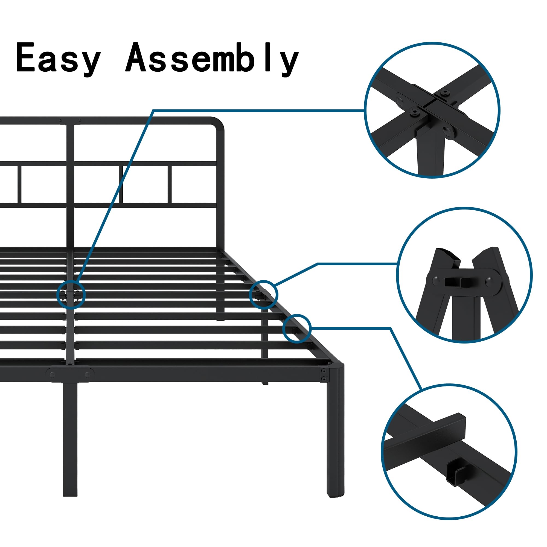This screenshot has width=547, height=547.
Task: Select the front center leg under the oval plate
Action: [x=70, y=439]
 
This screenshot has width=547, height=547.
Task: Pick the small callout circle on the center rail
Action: [x=71, y=295]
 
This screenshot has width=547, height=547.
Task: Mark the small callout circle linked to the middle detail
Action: [x=264, y=295]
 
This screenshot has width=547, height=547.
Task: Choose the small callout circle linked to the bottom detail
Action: [x=297, y=329]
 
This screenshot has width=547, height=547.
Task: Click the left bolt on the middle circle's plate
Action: [x=436, y=280]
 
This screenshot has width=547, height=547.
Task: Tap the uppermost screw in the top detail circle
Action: [x=447, y=93]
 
